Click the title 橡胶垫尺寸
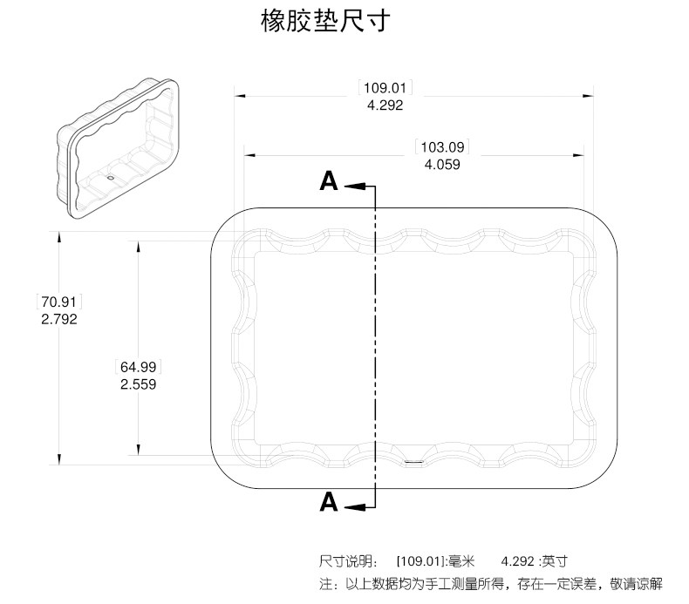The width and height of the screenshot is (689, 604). click(325, 22)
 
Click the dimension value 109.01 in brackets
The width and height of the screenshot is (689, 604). click(385, 88)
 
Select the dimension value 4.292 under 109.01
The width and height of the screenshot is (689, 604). click(385, 105)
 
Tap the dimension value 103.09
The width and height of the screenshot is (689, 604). click(442, 146)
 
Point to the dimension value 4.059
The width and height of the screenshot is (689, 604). click(442, 164)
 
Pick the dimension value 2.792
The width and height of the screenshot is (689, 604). click(59, 319)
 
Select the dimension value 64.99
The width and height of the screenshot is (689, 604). click(139, 366)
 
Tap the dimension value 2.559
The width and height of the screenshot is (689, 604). click(139, 383)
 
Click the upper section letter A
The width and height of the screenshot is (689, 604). click(329, 180)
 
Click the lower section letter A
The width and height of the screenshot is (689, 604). click(329, 502)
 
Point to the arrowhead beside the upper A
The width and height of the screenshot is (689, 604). click(352, 186)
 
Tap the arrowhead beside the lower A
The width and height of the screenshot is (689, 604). click(352, 506)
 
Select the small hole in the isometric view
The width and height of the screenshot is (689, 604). click(111, 176)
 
